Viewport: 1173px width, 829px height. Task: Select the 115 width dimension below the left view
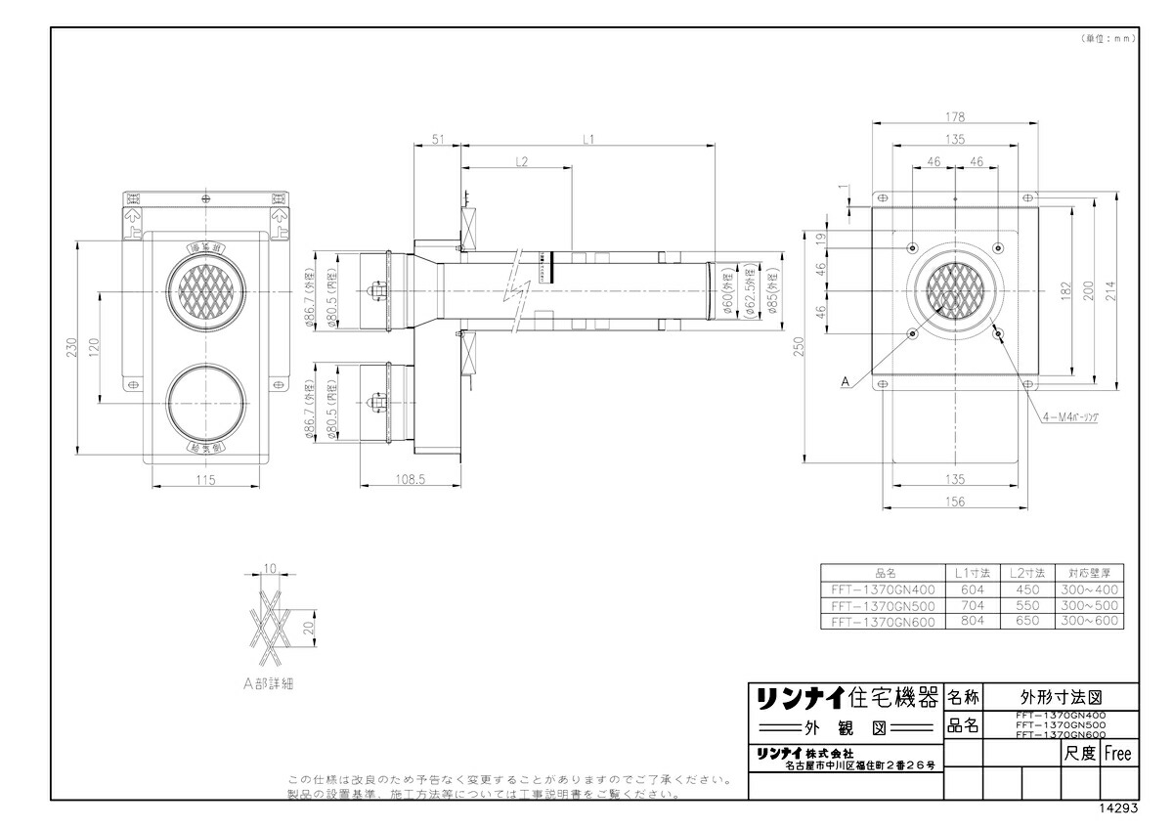coord(203,480)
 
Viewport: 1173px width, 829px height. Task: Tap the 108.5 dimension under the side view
coord(410,480)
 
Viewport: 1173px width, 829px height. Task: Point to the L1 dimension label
coord(588,140)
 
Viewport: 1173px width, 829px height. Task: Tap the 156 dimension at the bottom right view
coord(955,502)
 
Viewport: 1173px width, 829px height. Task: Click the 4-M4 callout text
coord(1070,416)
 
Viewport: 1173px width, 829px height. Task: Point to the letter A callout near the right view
coord(844,384)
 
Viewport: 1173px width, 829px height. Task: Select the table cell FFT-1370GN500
coord(883,606)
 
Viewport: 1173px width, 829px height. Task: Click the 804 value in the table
coord(973,621)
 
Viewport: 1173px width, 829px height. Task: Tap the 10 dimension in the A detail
coord(271,568)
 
